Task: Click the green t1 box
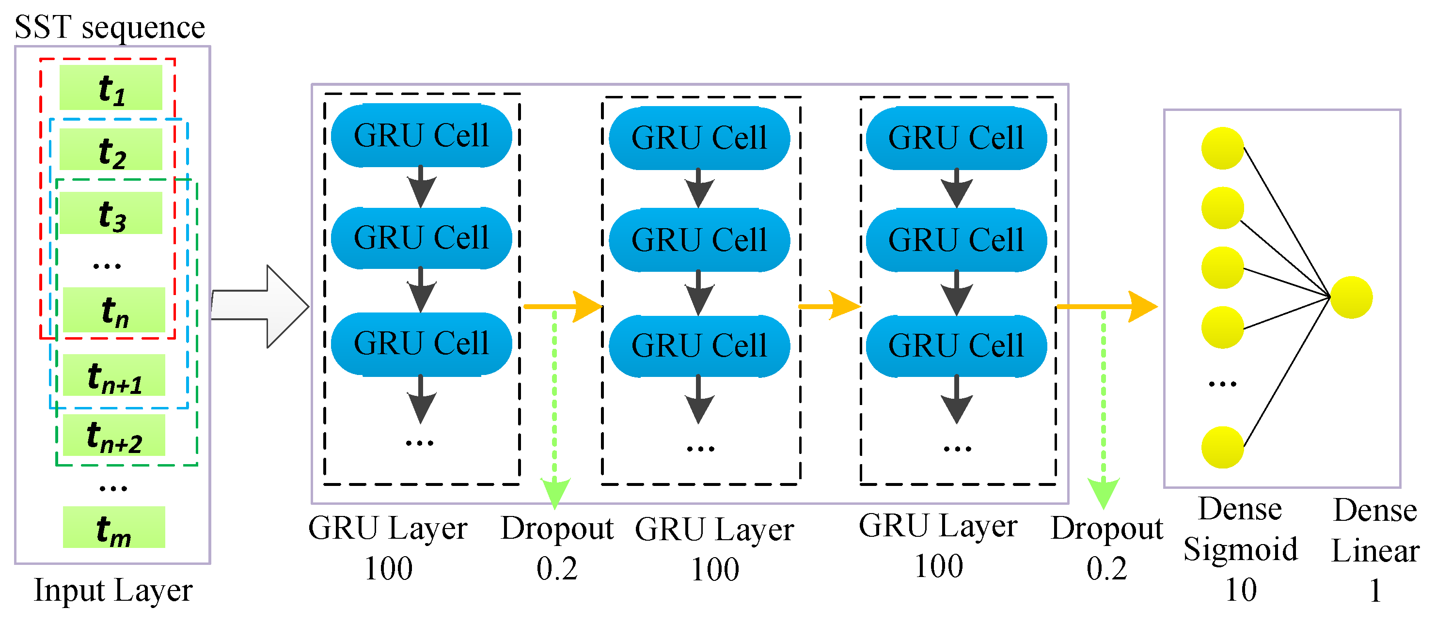pyautogui.click(x=111, y=88)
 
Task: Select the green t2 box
pyautogui.click(x=111, y=150)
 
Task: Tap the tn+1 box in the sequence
pyautogui.click(x=114, y=375)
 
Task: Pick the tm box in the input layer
pyautogui.click(x=114, y=527)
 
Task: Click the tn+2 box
pyautogui.click(x=114, y=435)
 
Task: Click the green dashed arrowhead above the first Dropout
pyautogui.click(x=554, y=493)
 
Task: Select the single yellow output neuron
pyautogui.click(x=1351, y=297)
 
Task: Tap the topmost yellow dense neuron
pyautogui.click(x=1222, y=148)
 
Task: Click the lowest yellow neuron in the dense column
pyautogui.click(x=1222, y=447)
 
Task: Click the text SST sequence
pyautogui.click(x=110, y=27)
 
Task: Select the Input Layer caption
pyautogui.click(x=113, y=591)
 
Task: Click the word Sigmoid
pyautogui.click(x=1240, y=550)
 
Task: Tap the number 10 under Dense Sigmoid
pyautogui.click(x=1240, y=590)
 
